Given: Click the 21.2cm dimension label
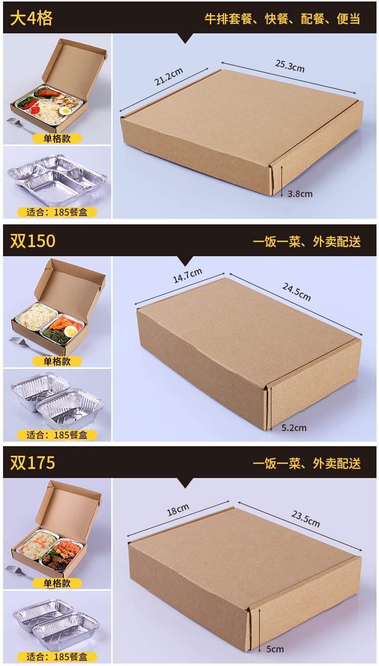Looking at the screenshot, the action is [168, 76].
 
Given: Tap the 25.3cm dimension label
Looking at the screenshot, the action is [290, 66].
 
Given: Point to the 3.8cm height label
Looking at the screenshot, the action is [300, 194].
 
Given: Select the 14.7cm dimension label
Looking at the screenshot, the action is [187, 275].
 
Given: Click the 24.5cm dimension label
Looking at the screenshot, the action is [296, 292].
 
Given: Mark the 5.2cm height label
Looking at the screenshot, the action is [294, 428].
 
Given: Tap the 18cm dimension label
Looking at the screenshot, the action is [178, 510].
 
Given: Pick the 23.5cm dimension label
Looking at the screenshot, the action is [306, 519].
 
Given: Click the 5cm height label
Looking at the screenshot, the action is [275, 649].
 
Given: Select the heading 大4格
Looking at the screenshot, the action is [31, 18].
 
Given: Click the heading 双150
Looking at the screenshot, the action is [33, 241].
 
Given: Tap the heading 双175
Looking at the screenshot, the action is [33, 463].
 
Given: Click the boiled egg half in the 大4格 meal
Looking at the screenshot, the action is [65, 111].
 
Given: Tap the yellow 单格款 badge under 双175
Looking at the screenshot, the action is [57, 583].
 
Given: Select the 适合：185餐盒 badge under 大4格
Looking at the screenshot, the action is [57, 212].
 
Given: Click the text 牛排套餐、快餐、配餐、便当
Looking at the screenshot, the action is [282, 19].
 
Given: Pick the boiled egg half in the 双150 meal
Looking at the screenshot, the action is [70, 330].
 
